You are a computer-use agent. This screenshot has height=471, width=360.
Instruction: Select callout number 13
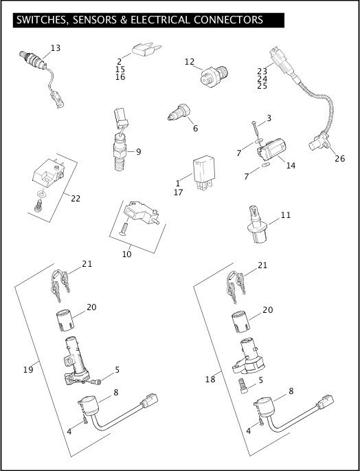[x=56, y=47]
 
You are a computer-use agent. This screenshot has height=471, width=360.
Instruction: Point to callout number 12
[x=189, y=62]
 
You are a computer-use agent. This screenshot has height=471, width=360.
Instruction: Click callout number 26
[x=339, y=159]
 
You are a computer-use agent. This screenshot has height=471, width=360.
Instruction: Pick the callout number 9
[x=138, y=151]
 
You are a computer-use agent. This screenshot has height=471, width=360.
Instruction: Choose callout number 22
[x=76, y=198]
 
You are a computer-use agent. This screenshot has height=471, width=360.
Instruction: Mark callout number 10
[x=126, y=254]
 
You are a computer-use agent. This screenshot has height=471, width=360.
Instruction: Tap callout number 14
[x=291, y=166]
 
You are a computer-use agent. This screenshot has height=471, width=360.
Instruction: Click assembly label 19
[x=28, y=370]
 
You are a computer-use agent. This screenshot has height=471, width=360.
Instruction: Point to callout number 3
[x=269, y=118]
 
